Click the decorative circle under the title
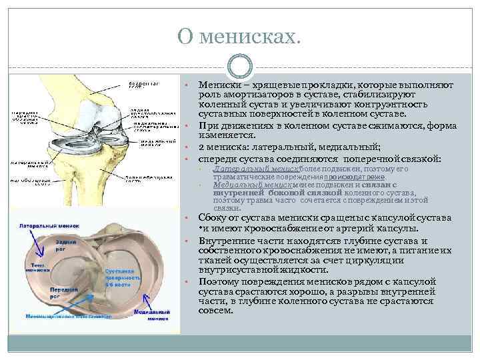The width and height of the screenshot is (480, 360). (x=239, y=67)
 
